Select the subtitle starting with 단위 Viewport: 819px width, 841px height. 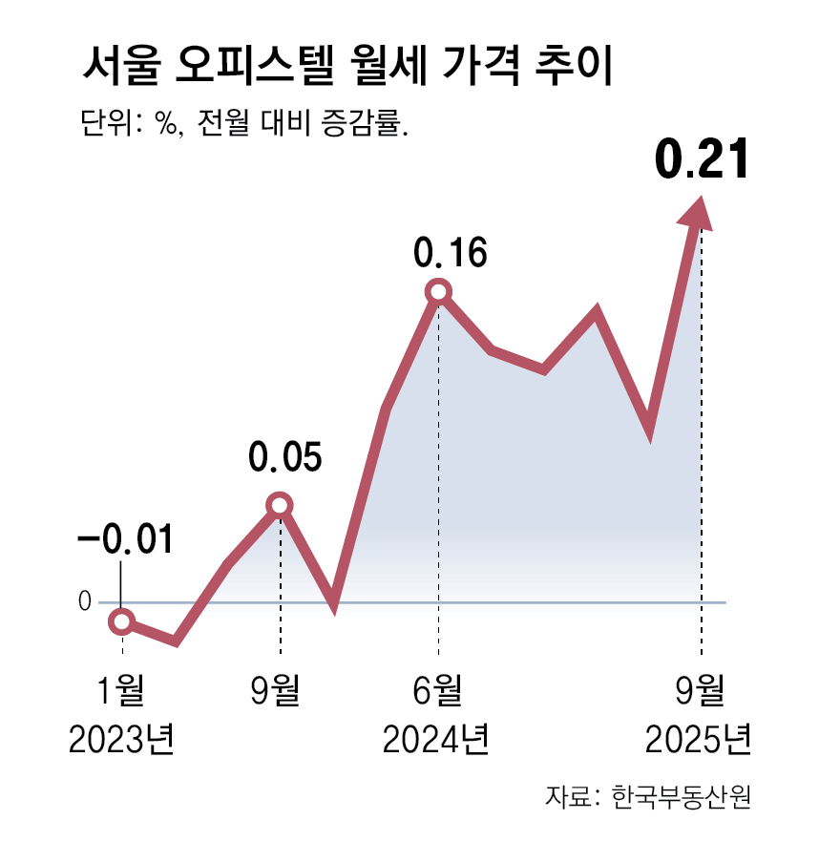[245, 125]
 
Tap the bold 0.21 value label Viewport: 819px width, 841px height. [701, 161]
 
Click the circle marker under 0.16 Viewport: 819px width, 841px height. [438, 291]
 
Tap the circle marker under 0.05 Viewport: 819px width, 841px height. [279, 504]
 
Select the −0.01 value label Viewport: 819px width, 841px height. [124, 540]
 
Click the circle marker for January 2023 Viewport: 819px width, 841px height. [121, 621]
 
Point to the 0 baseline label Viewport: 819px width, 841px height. [84, 602]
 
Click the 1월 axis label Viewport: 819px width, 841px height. [121, 690]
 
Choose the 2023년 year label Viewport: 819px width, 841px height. [121, 739]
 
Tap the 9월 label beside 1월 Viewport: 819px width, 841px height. [279, 690]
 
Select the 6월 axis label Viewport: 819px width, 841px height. [438, 690]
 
